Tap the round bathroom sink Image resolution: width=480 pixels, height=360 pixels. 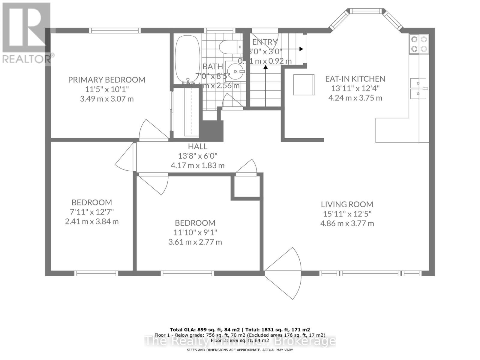tap(235, 71)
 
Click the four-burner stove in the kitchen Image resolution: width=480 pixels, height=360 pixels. tap(419, 44)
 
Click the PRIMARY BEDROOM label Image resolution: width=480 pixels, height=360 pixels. tap(106, 80)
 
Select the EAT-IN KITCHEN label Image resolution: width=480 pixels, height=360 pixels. tap(355, 79)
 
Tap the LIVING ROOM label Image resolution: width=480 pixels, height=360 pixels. tap(347, 204)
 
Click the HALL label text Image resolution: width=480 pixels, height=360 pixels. tap(197, 146)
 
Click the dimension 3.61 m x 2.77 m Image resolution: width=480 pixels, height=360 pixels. tap(195, 242)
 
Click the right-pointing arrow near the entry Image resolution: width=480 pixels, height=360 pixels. tap(292, 49)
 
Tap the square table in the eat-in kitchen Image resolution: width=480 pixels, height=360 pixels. tap(304, 85)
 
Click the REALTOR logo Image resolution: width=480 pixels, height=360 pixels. tap(26, 33)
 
